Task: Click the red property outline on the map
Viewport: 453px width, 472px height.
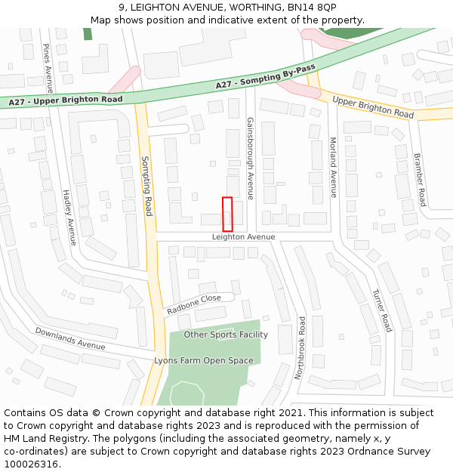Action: click(x=227, y=214)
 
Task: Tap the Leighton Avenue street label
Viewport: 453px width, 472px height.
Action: click(x=243, y=237)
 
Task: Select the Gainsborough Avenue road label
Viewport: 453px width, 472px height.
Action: click(x=250, y=158)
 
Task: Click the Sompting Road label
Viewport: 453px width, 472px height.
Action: click(x=148, y=186)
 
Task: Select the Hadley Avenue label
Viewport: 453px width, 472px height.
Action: click(x=69, y=217)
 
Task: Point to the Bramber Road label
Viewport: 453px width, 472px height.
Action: click(x=420, y=180)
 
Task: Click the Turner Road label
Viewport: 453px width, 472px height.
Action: click(x=382, y=310)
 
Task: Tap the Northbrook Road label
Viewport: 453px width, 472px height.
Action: click(x=300, y=347)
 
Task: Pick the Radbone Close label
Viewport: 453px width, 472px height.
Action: click(x=194, y=304)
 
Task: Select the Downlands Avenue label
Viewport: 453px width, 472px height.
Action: click(x=70, y=339)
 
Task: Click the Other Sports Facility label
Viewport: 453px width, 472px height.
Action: click(x=226, y=335)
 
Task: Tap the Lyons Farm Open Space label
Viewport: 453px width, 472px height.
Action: click(x=204, y=361)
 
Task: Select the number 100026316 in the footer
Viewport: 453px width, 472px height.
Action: click(x=31, y=464)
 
